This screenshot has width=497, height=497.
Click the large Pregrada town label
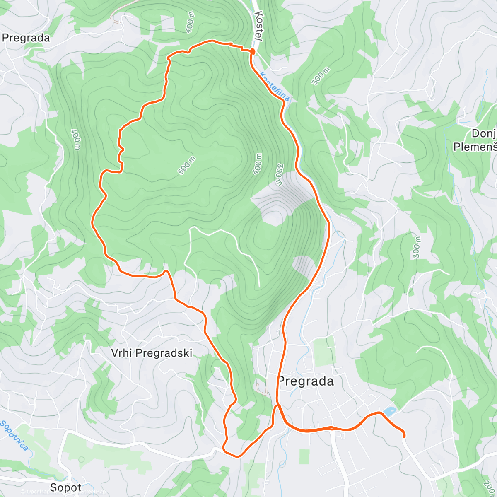306,381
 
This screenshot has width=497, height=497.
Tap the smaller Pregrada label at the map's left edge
26,38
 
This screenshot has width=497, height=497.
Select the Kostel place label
259,26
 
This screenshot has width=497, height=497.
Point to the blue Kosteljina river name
274,87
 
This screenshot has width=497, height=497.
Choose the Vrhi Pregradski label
152,353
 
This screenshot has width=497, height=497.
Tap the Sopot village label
65,487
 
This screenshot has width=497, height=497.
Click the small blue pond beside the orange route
389,411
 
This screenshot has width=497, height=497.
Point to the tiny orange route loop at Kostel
253,51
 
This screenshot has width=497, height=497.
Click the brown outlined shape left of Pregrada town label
261,388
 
